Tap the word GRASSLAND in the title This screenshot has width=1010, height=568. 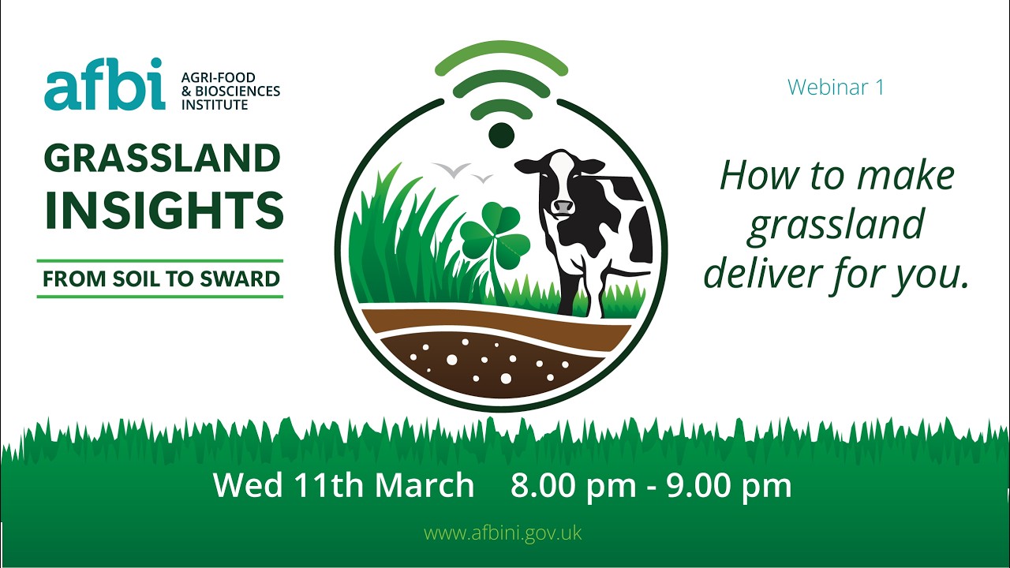(163, 159)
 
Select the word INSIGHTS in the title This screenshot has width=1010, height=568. (164, 210)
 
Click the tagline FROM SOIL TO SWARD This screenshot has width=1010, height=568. (161, 278)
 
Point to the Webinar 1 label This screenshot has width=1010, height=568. (836, 87)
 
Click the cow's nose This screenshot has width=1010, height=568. (563, 206)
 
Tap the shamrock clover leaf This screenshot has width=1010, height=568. (490, 228)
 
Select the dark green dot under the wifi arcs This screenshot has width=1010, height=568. (501, 135)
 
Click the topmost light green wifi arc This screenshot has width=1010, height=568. (501, 57)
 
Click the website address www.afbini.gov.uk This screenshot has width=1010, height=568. (503, 532)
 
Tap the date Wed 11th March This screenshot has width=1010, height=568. (343, 485)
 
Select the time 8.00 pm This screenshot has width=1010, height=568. (573, 485)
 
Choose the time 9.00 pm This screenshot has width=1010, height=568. (729, 485)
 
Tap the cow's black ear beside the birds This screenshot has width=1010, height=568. (526, 166)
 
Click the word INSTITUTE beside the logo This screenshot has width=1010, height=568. (215, 104)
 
